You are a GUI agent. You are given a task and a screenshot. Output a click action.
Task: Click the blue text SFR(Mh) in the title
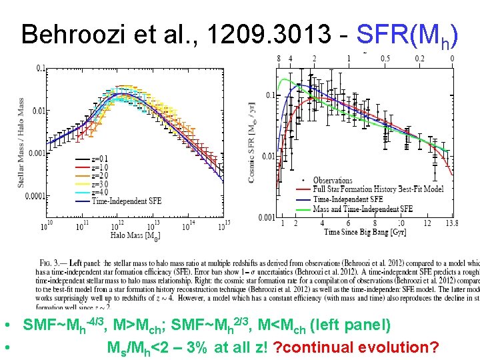click(x=407, y=35)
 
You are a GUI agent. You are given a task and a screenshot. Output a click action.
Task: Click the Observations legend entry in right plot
click(x=332, y=180)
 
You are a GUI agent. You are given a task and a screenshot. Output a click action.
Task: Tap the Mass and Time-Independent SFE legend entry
click(x=363, y=209)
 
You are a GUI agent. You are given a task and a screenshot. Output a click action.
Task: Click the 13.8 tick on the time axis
click(x=452, y=223)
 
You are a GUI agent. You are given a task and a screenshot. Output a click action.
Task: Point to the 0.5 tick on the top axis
click(x=385, y=59)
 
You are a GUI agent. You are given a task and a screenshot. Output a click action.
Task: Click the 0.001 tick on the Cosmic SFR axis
click(x=267, y=217)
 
